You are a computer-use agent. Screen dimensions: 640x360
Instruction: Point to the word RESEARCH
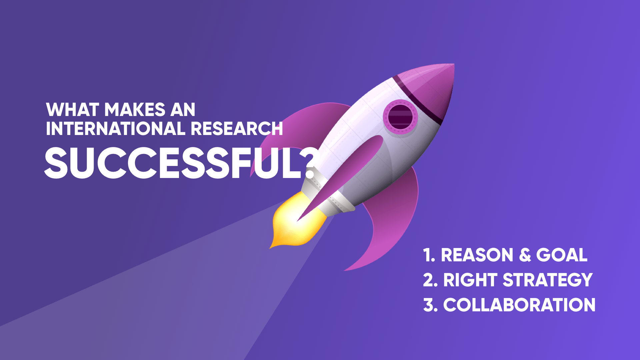(237, 129)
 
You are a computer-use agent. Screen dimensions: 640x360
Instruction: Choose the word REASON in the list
(477, 255)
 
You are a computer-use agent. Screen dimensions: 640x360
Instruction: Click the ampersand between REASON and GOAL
(525, 255)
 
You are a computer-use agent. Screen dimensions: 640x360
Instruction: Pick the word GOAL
(562, 255)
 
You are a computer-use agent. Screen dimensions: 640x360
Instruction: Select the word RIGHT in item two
(470, 280)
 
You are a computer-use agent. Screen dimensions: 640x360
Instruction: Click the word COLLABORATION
(519, 305)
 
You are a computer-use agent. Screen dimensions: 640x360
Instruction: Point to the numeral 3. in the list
(430, 305)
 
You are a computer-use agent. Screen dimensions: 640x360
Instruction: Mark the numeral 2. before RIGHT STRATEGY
(430, 280)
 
